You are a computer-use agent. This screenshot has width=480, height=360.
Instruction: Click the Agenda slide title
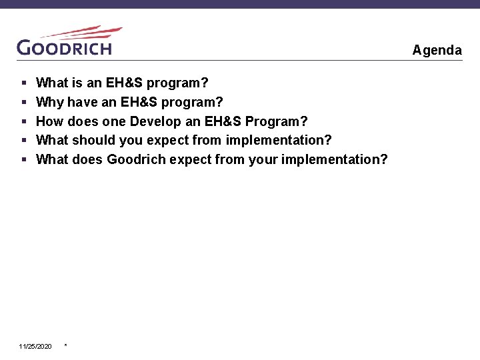pyautogui.click(x=437, y=50)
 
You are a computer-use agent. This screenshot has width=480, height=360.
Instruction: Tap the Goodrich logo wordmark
pyautogui.click(x=64, y=47)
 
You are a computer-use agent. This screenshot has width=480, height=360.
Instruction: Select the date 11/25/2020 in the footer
pyautogui.click(x=35, y=347)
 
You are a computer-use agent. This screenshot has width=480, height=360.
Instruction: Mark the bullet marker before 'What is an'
pyautogui.click(x=23, y=83)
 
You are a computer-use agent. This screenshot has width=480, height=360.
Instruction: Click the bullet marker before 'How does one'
pyautogui.click(x=23, y=122)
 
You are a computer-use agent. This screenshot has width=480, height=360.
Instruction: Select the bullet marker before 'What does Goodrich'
pyautogui.click(x=23, y=160)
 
